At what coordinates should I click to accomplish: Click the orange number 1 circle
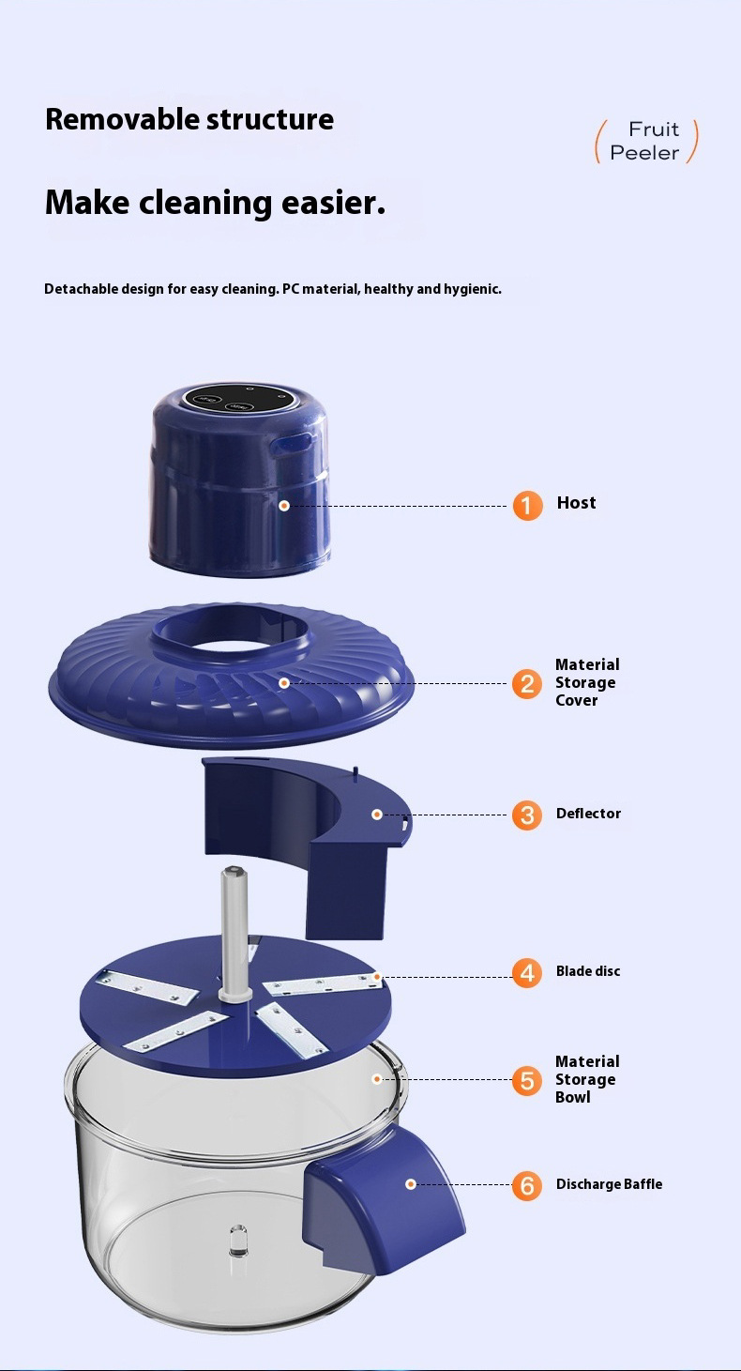tap(527, 506)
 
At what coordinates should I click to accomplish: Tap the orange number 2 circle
tap(527, 683)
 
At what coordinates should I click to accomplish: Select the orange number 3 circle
tap(527, 815)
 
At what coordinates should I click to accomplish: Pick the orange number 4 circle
tap(527, 972)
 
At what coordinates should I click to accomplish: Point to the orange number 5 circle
tap(527, 1080)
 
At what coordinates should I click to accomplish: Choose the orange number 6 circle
tap(527, 1185)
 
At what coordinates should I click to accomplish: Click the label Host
tap(576, 503)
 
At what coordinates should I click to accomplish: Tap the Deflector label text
tap(588, 814)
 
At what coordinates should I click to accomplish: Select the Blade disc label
tap(588, 971)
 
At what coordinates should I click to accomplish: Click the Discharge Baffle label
tap(609, 1184)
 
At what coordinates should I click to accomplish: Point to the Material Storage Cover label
tap(587, 682)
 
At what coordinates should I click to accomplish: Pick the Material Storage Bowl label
tap(587, 1079)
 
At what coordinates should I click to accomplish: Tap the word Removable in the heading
tap(122, 119)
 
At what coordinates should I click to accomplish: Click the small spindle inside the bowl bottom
tap(238, 1241)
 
